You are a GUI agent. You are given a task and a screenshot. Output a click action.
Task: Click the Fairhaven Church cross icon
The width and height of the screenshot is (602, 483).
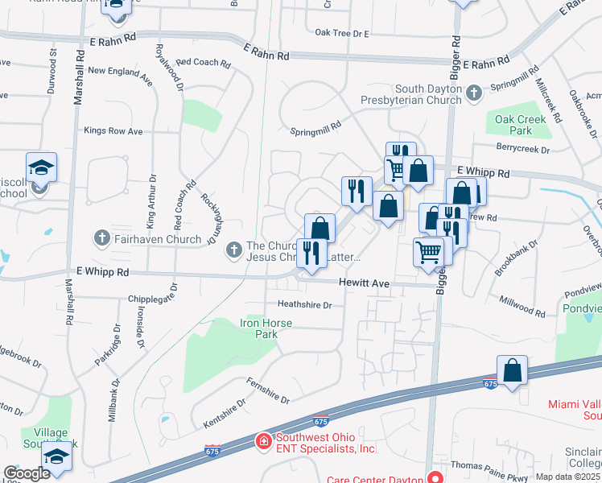coord(101,238)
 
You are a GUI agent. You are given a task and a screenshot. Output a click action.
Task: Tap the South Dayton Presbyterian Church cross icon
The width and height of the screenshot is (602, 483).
coord(474,94)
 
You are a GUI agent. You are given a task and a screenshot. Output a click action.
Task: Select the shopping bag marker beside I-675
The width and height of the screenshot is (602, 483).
coord(512,372)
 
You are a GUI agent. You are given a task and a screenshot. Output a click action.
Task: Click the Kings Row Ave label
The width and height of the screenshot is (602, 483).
coord(113,130)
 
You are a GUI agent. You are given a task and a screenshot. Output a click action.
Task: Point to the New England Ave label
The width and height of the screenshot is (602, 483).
coord(121,71)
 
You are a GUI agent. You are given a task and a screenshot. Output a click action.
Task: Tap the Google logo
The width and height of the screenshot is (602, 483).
coord(27,473)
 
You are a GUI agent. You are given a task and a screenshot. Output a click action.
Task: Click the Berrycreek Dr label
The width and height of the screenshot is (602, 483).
coord(522,149)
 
